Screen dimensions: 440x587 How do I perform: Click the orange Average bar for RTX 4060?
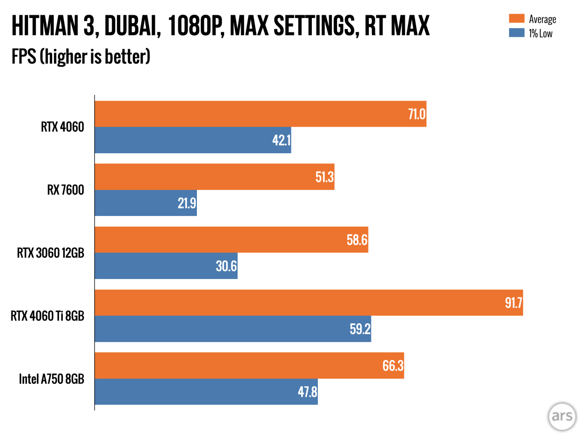point(260,114)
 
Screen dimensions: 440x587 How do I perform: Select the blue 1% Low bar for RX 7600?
point(146,203)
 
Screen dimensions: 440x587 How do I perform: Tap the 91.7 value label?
point(513,303)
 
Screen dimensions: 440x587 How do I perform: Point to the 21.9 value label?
point(187,203)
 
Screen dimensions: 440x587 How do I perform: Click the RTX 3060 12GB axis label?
point(51,253)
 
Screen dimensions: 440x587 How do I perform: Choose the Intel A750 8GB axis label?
point(52,379)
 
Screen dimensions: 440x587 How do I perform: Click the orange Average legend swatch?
point(516,19)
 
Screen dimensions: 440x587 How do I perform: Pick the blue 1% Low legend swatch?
point(516,33)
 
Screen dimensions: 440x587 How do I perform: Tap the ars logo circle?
point(562,416)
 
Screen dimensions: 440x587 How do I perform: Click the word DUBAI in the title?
point(132,26)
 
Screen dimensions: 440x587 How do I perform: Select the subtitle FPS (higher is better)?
point(81,57)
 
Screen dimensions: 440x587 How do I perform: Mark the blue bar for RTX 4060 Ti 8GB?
point(233,329)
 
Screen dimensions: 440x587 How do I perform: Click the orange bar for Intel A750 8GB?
point(249,365)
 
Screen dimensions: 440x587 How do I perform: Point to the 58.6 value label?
point(357,240)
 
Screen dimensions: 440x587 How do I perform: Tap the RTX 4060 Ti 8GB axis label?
point(47,316)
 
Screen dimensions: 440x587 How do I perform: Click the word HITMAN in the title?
point(45,26)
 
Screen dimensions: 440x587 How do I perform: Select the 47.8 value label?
point(307,392)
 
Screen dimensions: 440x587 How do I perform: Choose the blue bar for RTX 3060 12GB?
point(166,266)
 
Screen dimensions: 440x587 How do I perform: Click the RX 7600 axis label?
point(66,190)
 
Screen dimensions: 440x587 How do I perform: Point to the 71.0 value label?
point(417,114)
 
